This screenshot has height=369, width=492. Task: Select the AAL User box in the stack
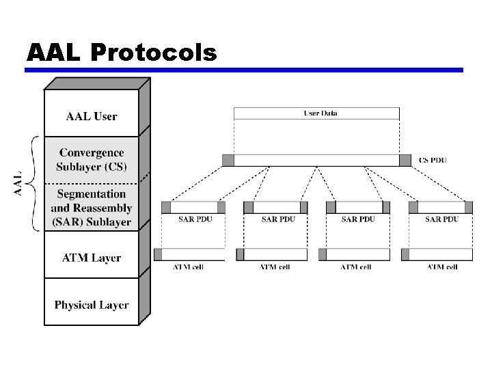pos(91,116)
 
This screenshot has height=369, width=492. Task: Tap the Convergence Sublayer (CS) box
pos(91,159)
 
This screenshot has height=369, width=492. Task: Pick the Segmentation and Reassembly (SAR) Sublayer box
pos(91,207)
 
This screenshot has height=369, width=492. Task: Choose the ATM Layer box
pos(91,258)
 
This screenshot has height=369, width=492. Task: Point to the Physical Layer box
pos(91,305)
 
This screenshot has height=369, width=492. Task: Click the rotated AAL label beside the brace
pos(20,182)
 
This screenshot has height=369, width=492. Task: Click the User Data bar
pos(316,113)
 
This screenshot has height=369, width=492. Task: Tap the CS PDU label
pos(433,161)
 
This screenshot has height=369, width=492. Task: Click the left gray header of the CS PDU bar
pos(228,160)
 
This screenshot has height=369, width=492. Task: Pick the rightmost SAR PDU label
pos(441,219)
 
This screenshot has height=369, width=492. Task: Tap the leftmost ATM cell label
pos(188,266)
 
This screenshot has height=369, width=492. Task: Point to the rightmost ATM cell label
pos(441,266)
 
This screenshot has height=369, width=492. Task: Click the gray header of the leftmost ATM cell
pos(159,254)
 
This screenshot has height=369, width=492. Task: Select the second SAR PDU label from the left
pos(278,219)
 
